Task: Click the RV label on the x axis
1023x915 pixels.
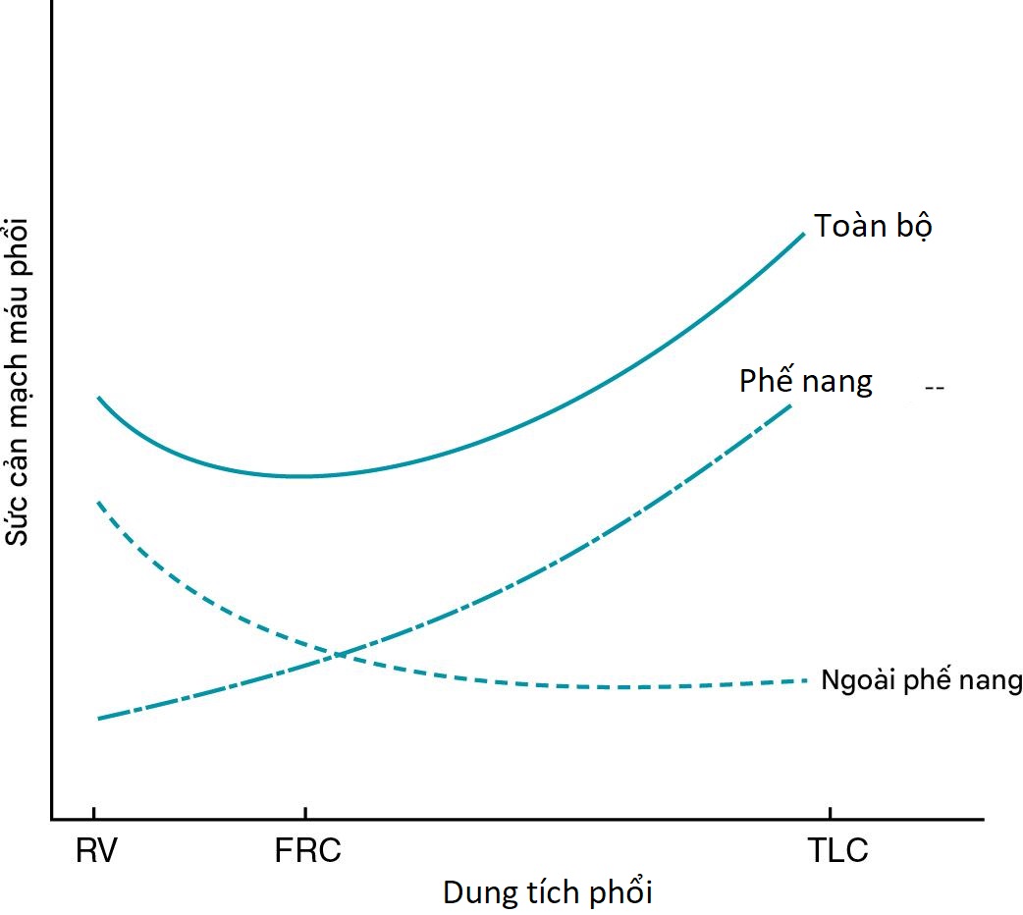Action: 96,850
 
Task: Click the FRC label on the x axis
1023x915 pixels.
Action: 308,850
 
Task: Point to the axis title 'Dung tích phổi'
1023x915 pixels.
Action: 547,893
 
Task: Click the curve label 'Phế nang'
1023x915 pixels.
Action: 805,380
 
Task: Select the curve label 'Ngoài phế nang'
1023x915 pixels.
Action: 921,679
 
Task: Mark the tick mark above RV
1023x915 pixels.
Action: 94,813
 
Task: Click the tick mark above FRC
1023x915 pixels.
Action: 305,813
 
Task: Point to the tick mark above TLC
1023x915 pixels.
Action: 831,813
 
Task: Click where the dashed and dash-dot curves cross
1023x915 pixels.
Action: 336,653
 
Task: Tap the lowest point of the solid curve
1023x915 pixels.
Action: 299,476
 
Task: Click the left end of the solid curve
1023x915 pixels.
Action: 98,397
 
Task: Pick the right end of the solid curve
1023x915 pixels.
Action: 804,234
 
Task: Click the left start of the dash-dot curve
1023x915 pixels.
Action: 99,719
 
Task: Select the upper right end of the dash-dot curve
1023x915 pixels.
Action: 790,404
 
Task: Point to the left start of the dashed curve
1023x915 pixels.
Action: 98,503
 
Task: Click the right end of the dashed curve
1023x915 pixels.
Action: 806,679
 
